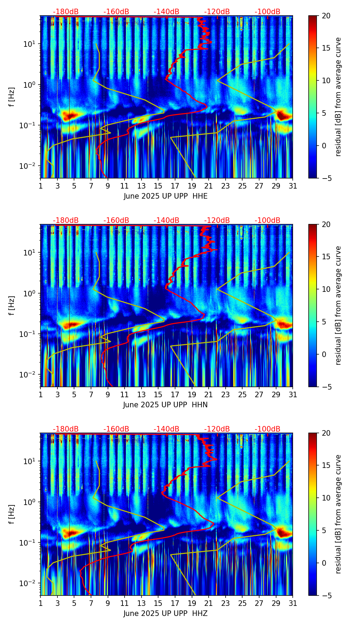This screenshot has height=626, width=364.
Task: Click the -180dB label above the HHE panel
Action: click(x=66, y=12)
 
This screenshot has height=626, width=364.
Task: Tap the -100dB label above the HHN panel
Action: click(x=267, y=220)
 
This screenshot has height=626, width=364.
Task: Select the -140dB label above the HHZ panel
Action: click(x=166, y=429)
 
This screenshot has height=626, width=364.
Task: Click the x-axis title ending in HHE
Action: click(x=165, y=196)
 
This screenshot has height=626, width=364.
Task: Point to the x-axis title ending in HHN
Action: click(x=165, y=405)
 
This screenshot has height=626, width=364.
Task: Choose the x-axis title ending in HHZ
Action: click(x=165, y=614)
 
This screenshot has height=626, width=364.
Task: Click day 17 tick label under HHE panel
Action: click(x=175, y=186)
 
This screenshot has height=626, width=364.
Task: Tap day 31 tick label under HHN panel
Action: click(x=293, y=395)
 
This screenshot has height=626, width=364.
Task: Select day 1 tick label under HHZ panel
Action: click(x=40, y=603)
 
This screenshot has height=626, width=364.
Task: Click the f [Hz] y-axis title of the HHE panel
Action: click(x=12, y=97)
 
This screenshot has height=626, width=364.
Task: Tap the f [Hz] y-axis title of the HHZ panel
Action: click(x=12, y=514)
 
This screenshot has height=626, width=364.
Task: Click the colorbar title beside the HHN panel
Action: click(x=338, y=305)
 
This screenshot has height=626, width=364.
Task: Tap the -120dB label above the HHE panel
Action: click(x=217, y=12)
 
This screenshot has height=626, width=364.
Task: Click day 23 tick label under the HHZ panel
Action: click(x=226, y=603)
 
